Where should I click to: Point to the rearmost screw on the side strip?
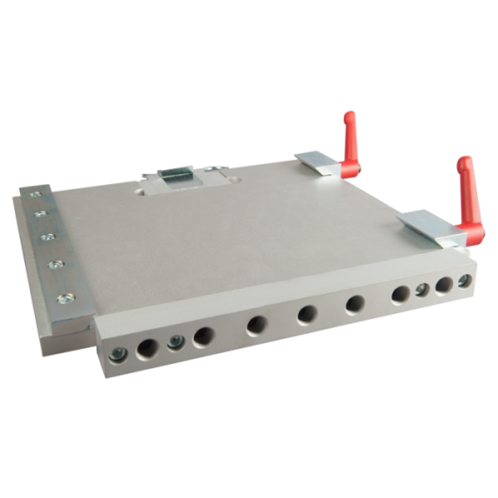[32, 197]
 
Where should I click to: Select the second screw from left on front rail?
[174, 341]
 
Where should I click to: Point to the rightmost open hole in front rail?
[445, 285]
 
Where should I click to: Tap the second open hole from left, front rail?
[203, 336]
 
